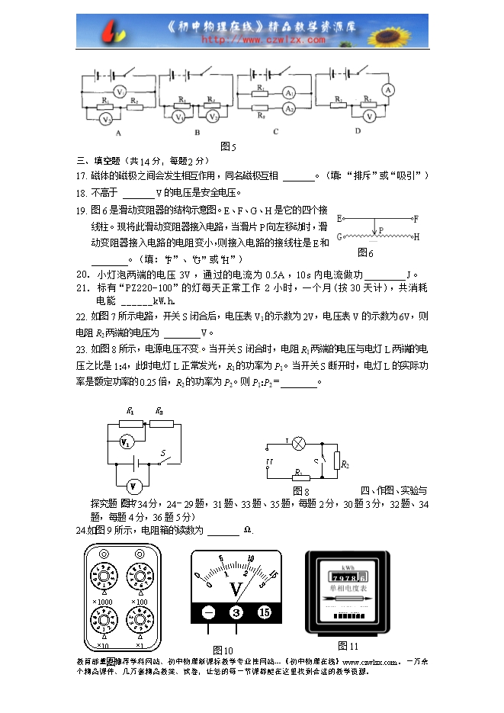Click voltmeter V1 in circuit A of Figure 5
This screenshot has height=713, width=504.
click(120, 90)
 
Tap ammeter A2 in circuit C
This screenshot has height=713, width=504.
click(289, 110)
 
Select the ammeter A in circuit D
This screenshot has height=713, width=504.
click(387, 90)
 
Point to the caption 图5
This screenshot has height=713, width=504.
click(227, 146)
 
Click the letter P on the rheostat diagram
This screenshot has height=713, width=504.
click(381, 228)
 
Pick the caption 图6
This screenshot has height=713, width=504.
click(366, 252)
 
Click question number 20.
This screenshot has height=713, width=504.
click(83, 275)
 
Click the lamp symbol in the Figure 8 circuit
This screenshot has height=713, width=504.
click(300, 443)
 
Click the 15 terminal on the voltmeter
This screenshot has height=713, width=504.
click(264, 612)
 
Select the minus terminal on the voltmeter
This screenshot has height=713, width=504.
click(208, 612)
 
